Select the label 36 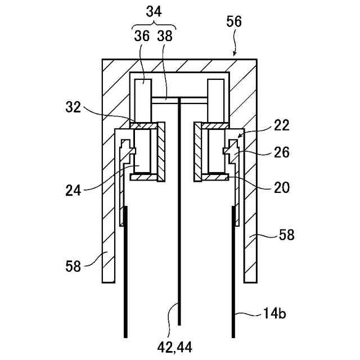point(142,35)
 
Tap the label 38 point(165,35)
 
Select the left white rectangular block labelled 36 point(143,98)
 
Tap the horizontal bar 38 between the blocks point(179,100)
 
